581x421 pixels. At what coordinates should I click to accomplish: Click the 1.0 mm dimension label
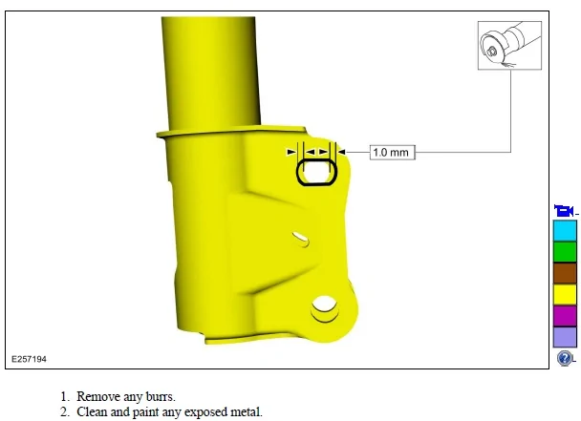tap(393, 153)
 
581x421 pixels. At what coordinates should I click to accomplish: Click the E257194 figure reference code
tap(29, 359)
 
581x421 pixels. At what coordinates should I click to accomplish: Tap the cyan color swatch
tap(565, 231)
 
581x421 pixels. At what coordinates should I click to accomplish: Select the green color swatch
tap(565, 252)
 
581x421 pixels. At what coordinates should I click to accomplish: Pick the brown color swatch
tap(565, 273)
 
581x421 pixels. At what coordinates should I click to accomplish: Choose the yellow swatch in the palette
tap(565, 294)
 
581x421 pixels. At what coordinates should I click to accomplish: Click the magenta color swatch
tap(565, 315)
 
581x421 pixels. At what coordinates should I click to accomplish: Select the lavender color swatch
tap(565, 337)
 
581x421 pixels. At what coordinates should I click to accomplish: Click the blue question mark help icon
tap(565, 358)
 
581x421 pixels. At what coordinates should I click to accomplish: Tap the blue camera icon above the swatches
tap(564, 211)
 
